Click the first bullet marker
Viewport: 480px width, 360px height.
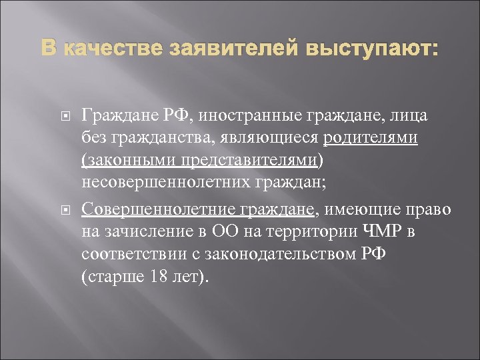65,117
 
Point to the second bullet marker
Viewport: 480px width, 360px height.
65,211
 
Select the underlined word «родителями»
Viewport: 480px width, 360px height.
371,138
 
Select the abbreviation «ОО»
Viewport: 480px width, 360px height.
225,232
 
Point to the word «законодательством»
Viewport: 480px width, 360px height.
269,254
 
